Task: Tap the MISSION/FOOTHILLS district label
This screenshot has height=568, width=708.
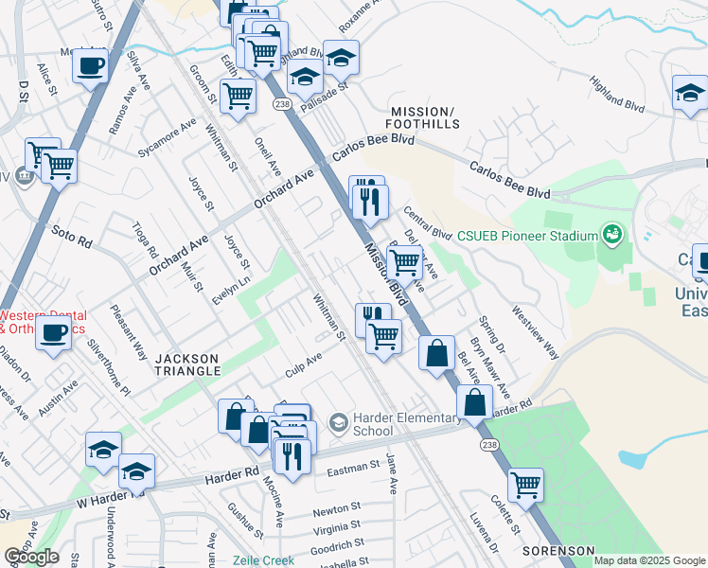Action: coord(423,117)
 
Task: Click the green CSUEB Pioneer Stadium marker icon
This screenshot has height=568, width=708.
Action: coord(612,234)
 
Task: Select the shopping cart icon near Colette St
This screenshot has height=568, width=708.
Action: coord(525,485)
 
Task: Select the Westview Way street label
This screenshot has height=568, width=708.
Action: coord(535,330)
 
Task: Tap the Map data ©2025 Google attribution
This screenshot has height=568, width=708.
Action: coord(649,560)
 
